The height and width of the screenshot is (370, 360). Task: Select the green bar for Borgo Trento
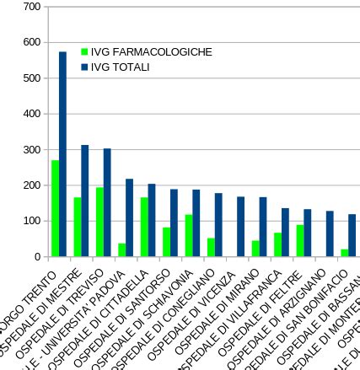click(x=55, y=208)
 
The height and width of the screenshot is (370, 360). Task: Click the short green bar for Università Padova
click(x=121, y=250)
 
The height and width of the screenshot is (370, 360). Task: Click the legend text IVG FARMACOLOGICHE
click(x=151, y=52)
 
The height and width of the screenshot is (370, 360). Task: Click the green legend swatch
click(x=84, y=52)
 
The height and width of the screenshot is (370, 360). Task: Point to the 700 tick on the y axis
click(x=32, y=7)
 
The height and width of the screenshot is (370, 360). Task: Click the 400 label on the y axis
click(x=32, y=114)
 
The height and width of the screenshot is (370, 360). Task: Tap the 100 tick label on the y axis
click(x=32, y=221)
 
